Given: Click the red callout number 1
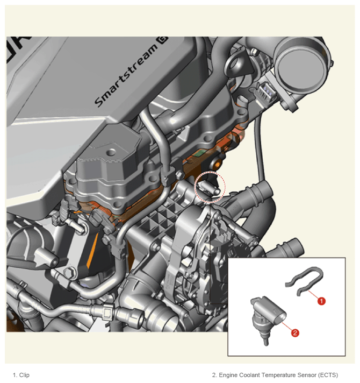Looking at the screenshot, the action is tap(321, 301).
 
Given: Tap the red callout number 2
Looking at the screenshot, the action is tap(295, 333).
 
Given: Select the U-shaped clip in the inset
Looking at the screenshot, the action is tap(305, 281).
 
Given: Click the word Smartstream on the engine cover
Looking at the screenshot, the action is tap(126, 76).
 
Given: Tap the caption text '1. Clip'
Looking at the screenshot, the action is tap(21, 375).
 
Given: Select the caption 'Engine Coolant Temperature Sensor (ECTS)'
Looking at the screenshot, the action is tap(278, 375).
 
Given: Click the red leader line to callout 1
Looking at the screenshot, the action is tap(313, 294).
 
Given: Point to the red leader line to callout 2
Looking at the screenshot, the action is tap(287, 326).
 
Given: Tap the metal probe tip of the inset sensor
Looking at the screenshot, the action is tap(266, 341).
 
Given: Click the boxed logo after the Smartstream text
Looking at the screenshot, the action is tap(163, 40).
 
